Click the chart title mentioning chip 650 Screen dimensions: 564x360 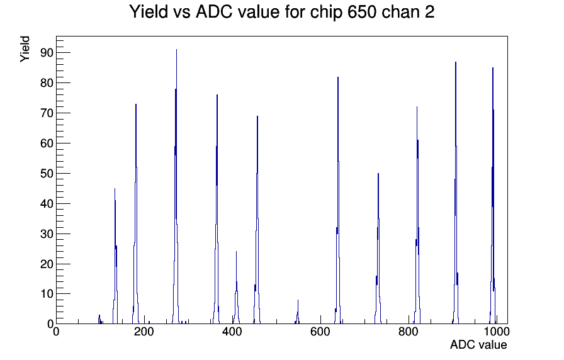(281, 12)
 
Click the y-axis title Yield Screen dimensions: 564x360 (25, 49)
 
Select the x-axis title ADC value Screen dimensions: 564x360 (478, 344)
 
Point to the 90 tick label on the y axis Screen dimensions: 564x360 (47, 53)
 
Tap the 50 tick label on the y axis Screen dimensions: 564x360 (47, 173)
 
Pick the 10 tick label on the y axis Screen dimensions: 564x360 (47, 294)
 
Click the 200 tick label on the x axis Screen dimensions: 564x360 (144, 332)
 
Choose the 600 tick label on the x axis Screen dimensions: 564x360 (320, 332)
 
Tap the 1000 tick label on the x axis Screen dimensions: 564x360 (496, 332)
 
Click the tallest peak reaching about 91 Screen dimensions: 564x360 (176, 180)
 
